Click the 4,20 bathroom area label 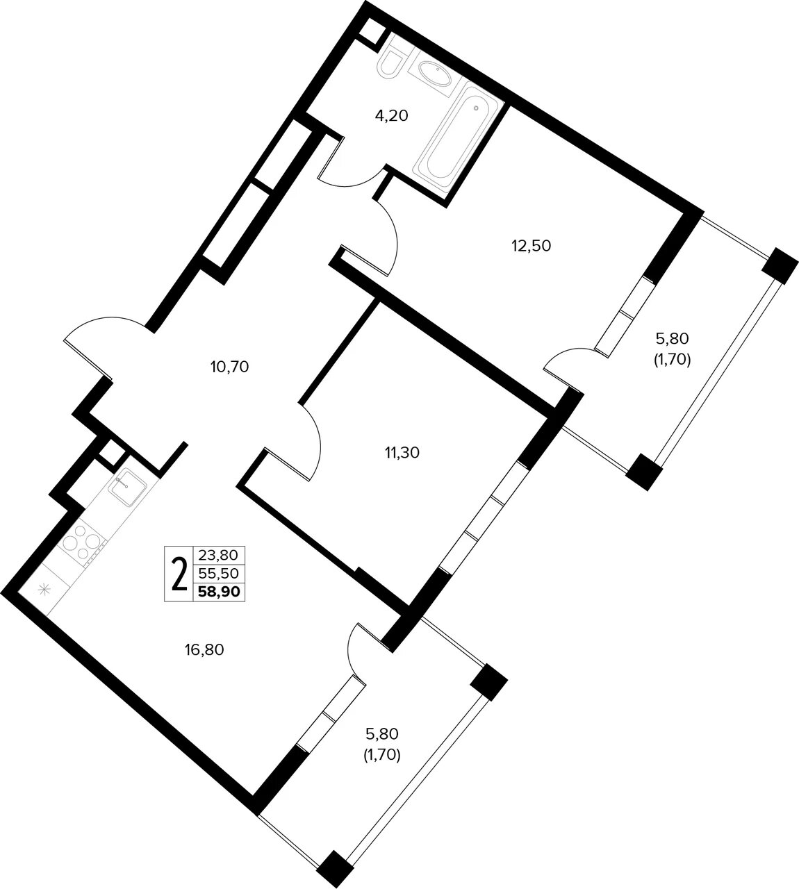pos(391,116)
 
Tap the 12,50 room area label pos(532,246)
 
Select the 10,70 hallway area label pos(229,367)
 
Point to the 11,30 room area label pos(402,452)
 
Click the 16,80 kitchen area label pos(204,649)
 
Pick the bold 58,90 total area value pos(219,592)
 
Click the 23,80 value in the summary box pos(218,556)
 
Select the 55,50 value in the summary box pos(219,573)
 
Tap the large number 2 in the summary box pos(179,574)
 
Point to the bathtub pos(460,138)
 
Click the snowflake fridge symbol pos(44,590)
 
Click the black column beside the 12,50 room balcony pos(780,266)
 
